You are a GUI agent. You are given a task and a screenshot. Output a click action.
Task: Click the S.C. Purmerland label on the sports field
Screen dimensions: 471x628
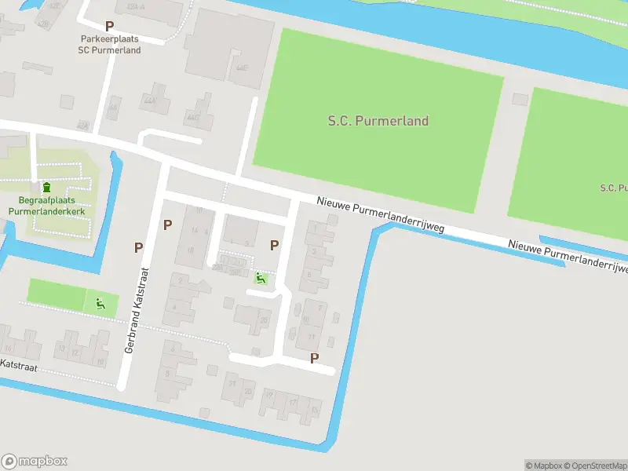coord(378,121)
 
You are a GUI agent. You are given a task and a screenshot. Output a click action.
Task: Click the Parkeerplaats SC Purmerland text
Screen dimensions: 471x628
coord(109,44)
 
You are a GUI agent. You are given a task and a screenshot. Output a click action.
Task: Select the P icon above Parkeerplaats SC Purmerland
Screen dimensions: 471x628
coord(109,26)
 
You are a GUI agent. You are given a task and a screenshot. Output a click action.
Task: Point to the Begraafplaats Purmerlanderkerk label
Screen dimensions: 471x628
coord(46,206)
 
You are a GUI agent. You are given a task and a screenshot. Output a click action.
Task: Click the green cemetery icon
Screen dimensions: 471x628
coord(46,188)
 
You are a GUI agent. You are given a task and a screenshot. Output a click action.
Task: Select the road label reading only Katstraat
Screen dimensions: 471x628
coord(18,365)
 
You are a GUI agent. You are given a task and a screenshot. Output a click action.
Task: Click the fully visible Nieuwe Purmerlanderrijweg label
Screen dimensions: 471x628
coord(381,214)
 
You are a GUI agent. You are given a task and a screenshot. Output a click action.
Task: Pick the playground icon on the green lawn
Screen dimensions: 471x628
coord(100,304)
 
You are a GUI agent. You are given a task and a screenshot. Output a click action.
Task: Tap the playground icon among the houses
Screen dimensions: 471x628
coord(261,277)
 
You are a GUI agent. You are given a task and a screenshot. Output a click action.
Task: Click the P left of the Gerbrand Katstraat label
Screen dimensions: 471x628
coord(138,247)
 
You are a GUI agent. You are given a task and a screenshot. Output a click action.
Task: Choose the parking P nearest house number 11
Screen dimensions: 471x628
coord(315,358)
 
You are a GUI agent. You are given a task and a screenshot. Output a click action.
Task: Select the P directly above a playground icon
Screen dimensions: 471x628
coord(274,245)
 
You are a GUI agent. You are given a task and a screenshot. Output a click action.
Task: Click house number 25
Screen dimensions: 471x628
coord(264,320)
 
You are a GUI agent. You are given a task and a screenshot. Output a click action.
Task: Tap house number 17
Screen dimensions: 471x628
coord(293,402)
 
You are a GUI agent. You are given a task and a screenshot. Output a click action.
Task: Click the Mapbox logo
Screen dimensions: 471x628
coord(35,462)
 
